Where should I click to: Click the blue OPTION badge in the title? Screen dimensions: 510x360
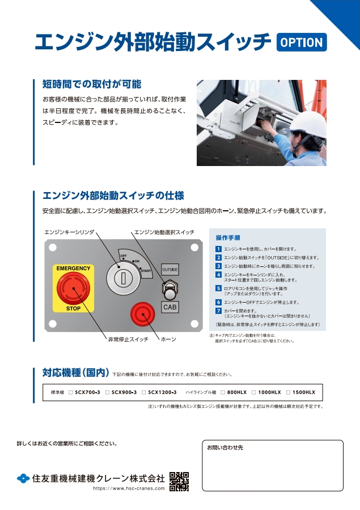[302, 42]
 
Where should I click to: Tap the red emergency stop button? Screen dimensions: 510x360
[73, 288]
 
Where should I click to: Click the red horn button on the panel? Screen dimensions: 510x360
[143, 314]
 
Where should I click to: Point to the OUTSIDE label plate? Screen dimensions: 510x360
[170, 269]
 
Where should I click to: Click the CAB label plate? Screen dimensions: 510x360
[170, 307]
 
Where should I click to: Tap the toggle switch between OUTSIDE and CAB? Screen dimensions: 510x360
[170, 290]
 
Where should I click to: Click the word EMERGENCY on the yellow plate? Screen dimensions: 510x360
[73, 267]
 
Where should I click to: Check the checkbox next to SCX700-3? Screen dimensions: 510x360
[70, 392]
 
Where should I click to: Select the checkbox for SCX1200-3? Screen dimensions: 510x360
[143, 392]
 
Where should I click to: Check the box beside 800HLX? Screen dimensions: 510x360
[223, 392]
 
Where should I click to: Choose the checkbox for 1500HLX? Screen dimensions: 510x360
[289, 392]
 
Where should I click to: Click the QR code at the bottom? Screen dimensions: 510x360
[179, 481]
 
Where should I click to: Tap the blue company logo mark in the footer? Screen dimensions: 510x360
[23, 478]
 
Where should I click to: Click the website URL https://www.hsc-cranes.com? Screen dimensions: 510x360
[129, 488]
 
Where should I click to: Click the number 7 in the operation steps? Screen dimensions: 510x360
[218, 311]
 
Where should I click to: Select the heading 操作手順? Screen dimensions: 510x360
[228, 237]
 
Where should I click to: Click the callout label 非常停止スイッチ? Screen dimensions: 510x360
[128, 339]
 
